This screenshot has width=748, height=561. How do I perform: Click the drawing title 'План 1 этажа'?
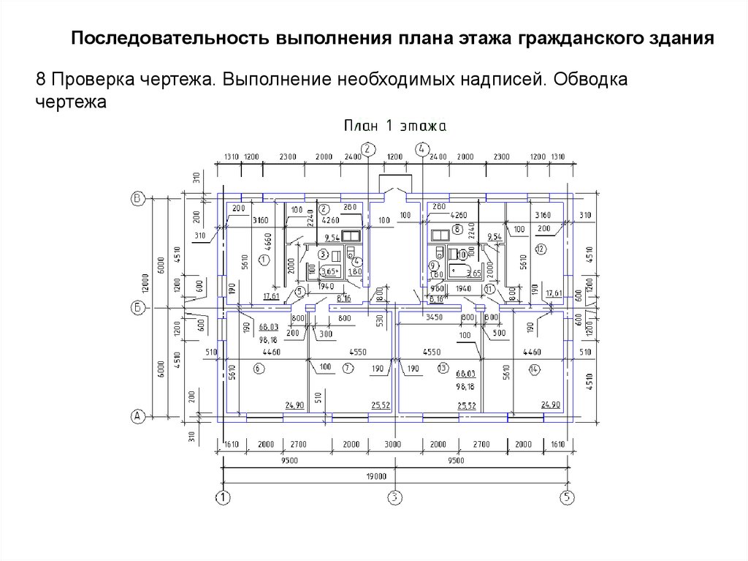(x=394, y=127)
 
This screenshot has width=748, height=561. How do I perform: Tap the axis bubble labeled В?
(x=136, y=197)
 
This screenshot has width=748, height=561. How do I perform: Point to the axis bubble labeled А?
(x=136, y=416)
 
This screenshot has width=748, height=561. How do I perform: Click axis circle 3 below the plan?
(x=395, y=498)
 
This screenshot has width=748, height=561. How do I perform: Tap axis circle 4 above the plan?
(x=422, y=149)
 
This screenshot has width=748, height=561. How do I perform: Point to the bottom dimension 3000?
(x=393, y=445)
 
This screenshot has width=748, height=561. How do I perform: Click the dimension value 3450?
(x=435, y=318)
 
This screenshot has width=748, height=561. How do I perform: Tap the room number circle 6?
(x=258, y=369)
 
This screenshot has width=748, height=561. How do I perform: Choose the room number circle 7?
(x=348, y=368)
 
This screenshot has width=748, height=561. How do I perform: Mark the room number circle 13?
(x=442, y=368)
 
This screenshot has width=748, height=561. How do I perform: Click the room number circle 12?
(x=540, y=249)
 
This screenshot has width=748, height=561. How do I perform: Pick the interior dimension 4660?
(x=267, y=241)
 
